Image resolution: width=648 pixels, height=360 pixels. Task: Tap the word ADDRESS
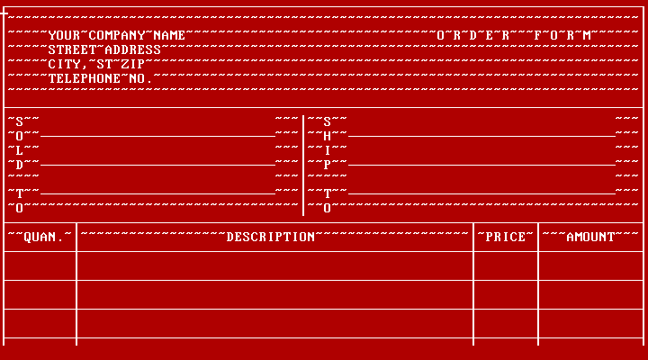tap(133, 50)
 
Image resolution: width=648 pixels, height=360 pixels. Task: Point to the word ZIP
tap(133, 65)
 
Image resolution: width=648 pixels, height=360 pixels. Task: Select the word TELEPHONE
tap(85, 79)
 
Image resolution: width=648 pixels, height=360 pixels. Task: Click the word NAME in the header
tap(169, 35)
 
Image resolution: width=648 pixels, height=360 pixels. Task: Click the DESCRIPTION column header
tap(271, 238)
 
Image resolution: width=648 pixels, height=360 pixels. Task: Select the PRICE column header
tap(506, 238)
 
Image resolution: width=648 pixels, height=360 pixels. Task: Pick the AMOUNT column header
tap(590, 238)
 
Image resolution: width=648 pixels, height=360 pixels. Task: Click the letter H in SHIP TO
tap(328, 137)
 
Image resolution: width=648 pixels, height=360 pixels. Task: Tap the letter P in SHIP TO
tap(328, 166)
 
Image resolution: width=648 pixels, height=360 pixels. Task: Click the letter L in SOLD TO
tap(20, 151)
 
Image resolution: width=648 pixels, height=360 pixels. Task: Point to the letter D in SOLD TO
tap(20, 166)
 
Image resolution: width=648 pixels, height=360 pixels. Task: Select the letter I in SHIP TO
tap(328, 151)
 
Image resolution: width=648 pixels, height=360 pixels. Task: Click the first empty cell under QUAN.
tap(40, 265)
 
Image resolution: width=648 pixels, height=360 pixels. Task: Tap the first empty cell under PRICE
tap(506, 265)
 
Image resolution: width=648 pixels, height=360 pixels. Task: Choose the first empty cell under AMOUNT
tap(590, 265)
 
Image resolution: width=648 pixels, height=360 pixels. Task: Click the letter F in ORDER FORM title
tap(537, 35)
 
